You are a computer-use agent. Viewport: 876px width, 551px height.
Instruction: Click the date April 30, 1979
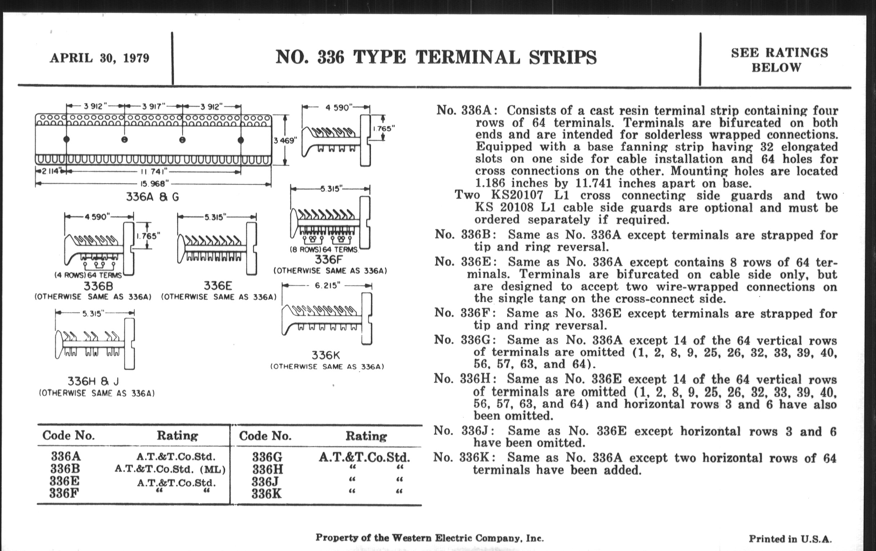(x=99, y=58)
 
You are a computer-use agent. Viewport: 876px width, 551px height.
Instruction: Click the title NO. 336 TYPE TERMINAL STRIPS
(x=436, y=58)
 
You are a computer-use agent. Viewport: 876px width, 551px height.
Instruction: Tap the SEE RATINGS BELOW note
(x=779, y=60)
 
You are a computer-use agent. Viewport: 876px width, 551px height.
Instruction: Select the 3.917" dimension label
(x=153, y=106)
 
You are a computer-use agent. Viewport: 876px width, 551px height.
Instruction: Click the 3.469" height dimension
(x=286, y=140)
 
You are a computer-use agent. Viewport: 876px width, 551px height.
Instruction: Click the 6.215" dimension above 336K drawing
(x=327, y=286)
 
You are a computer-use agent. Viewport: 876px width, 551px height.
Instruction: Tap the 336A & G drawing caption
(x=152, y=197)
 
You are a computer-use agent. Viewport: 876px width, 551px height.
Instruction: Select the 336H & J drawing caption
(x=93, y=381)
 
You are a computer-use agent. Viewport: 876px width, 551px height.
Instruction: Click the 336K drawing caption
(x=326, y=355)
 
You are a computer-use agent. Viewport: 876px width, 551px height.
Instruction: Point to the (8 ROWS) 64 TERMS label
(x=324, y=250)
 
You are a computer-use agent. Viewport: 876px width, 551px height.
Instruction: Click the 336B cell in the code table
(x=65, y=469)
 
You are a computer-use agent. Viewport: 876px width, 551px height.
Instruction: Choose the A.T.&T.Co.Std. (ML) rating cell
(x=170, y=469)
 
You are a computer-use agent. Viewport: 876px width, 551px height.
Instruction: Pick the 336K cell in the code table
(x=267, y=494)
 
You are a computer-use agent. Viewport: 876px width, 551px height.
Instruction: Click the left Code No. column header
(x=68, y=435)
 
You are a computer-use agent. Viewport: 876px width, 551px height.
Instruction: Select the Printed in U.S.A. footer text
(x=790, y=539)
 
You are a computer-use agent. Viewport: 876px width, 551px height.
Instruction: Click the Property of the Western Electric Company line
(x=429, y=538)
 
